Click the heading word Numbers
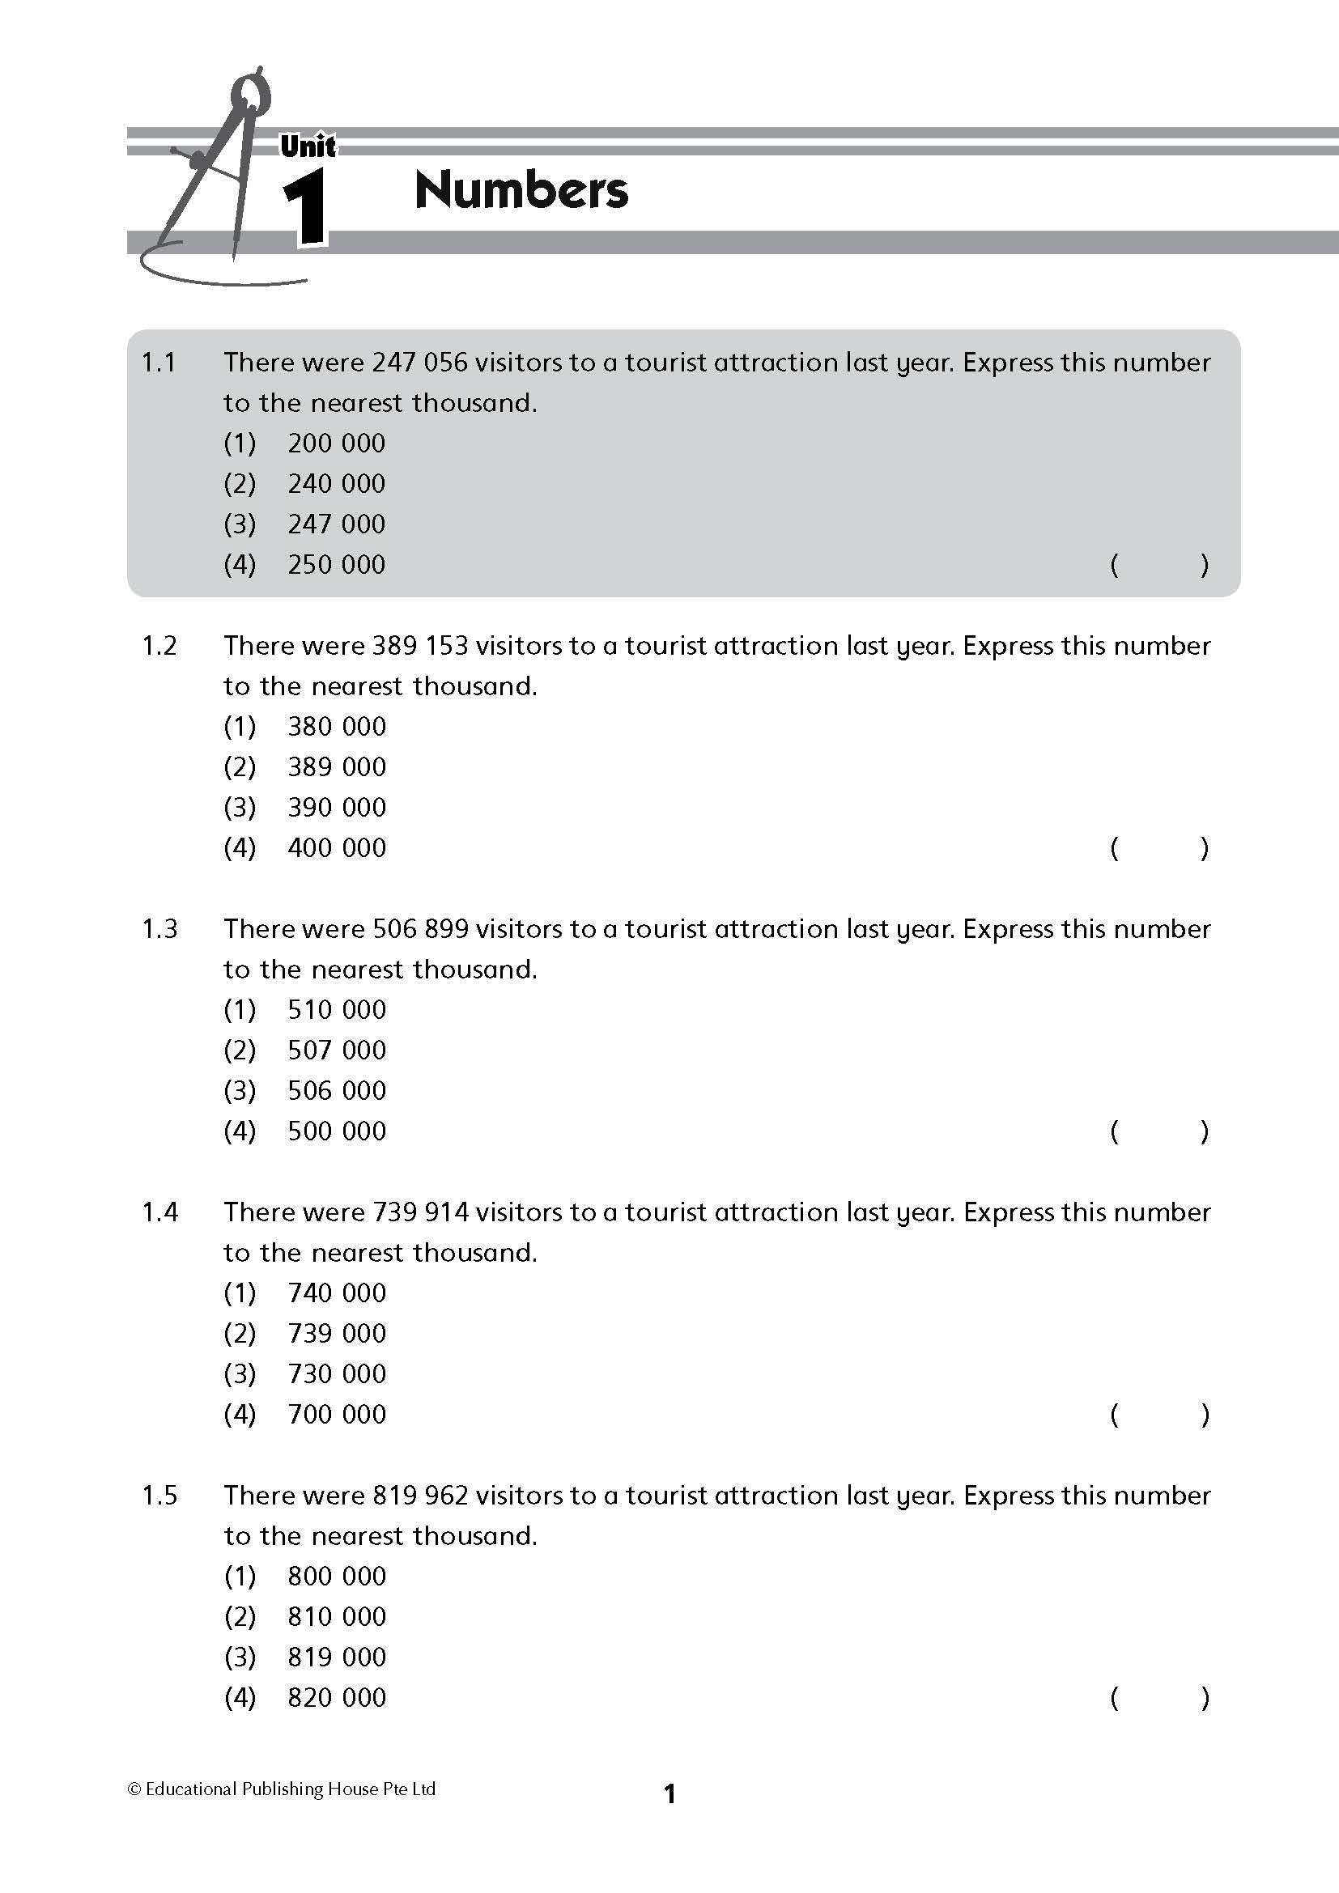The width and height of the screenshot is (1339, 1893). pos(521,190)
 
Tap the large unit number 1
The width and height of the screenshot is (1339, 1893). pos(306,207)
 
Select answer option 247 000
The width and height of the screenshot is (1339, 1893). pos(337,524)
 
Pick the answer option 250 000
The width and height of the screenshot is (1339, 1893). pos(337,564)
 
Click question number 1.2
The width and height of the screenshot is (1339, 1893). pos(159,646)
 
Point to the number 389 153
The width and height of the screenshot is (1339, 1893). pos(420,646)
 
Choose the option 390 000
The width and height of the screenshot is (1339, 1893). pos(337,807)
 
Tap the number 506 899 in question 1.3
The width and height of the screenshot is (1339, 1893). pos(420,929)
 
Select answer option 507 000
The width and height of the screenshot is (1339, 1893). pos(337,1050)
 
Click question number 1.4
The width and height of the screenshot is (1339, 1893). pos(159,1212)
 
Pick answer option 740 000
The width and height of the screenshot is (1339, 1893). pos(337,1292)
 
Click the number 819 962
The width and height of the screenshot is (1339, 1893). pos(420,1496)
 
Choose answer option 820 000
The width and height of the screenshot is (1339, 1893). pos(337,1698)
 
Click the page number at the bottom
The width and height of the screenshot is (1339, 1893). pos(669,1793)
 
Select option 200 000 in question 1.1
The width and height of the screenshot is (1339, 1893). pos(337,443)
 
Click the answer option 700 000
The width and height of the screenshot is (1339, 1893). pos(337,1414)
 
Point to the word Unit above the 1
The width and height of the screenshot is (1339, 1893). pos(308,146)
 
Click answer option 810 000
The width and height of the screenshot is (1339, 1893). pos(337,1617)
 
